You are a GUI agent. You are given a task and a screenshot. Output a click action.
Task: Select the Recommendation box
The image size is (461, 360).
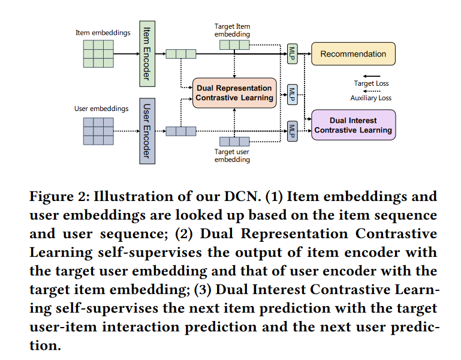(353, 54)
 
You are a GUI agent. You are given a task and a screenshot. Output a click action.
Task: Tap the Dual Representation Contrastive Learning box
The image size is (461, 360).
(234, 93)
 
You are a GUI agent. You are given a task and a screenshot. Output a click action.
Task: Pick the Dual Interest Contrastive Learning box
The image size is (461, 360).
(353, 125)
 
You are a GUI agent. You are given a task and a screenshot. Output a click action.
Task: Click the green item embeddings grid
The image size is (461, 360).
(98, 53)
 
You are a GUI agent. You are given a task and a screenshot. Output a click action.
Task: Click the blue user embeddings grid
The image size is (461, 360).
(98, 131)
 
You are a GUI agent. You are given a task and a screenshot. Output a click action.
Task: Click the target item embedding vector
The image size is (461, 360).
(234, 44)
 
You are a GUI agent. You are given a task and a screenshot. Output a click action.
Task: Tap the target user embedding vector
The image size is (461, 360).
(234, 142)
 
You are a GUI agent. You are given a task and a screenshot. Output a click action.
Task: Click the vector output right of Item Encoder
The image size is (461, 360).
(180, 54)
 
